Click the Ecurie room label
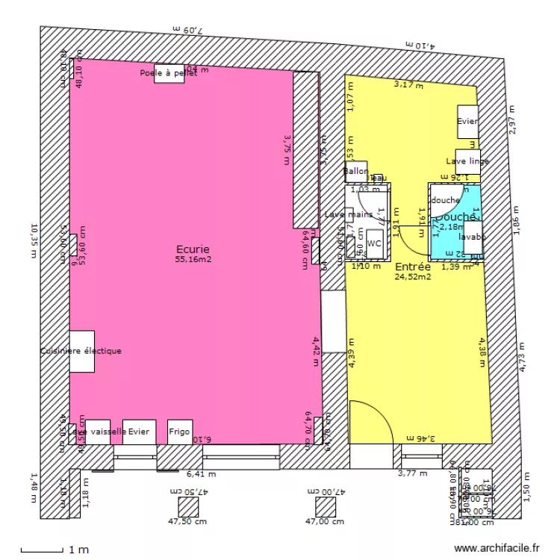tap(193, 249)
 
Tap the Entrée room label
tap(412, 267)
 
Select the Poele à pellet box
tap(169, 73)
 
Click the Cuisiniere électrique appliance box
tap(82, 351)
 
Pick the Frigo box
tap(179, 432)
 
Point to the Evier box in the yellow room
tap(467, 122)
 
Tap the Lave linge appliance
tap(468, 161)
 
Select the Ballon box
tap(356, 172)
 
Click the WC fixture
tap(375, 243)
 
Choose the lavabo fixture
tap(473, 237)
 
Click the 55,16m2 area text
tap(193, 260)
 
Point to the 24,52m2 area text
tap(412, 277)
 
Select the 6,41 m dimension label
tap(201, 473)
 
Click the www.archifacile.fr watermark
tap(496, 548)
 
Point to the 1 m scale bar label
tap(78, 550)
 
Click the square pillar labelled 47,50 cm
tap(188, 507)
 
